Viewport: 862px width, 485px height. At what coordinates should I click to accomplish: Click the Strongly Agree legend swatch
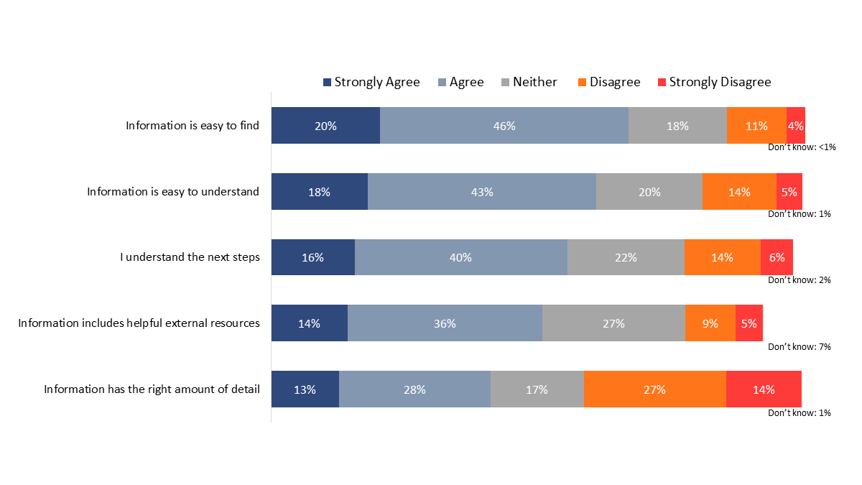[328, 83]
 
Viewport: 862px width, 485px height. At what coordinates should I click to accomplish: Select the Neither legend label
[534, 82]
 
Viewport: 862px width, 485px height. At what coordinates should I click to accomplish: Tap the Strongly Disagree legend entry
[720, 82]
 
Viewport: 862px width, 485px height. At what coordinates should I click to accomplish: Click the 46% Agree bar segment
[504, 126]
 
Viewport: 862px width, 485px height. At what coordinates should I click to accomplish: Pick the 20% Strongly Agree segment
[325, 126]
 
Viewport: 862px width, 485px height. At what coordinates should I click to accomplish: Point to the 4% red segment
[795, 126]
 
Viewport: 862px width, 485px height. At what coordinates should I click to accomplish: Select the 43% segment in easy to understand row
[482, 192]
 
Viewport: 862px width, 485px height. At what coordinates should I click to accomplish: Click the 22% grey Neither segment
[626, 257]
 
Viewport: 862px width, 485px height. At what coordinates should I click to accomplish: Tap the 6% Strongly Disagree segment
[777, 257]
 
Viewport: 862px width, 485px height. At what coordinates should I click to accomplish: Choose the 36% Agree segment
[445, 323]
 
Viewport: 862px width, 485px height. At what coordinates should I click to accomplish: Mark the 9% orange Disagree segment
[710, 323]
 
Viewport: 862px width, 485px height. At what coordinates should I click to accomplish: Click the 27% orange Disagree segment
[654, 389]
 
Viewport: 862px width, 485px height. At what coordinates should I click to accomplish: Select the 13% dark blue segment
[305, 389]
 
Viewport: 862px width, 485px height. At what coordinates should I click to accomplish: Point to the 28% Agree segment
[414, 389]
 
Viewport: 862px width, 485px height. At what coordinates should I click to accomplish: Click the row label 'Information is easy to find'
[193, 126]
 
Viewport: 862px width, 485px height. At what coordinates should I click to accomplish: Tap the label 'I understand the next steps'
[190, 257]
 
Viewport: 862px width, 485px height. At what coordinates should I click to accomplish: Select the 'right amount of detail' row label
[152, 389]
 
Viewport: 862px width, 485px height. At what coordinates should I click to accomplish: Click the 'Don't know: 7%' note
[800, 347]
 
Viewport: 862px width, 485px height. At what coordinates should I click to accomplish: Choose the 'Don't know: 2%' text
[800, 280]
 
